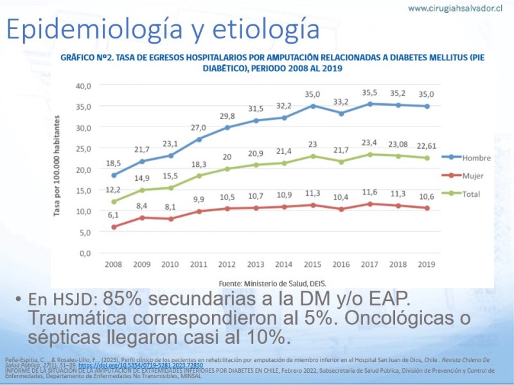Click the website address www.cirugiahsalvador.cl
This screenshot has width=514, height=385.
(x=455, y=8)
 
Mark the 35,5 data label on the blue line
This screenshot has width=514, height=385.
(x=369, y=92)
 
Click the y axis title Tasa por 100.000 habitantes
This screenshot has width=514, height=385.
(x=57, y=166)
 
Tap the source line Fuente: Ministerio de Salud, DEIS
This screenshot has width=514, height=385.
(x=272, y=282)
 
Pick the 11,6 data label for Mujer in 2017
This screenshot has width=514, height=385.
(x=369, y=192)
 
